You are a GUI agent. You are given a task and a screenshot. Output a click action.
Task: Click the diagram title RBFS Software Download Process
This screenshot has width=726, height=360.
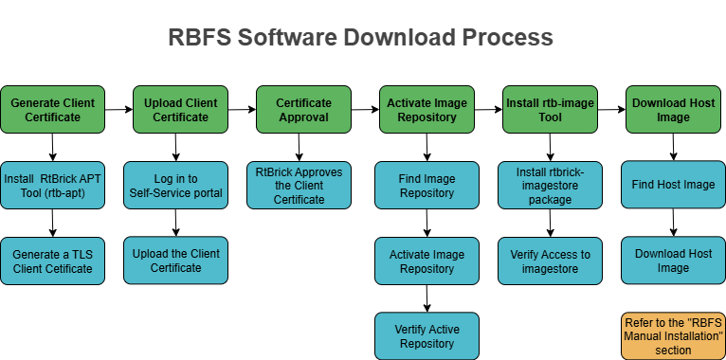pyautogui.click(x=361, y=38)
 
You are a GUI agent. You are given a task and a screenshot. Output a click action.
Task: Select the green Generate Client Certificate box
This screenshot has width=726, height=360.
pyautogui.click(x=52, y=110)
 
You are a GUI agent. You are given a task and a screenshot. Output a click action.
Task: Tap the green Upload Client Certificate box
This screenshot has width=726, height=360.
pyautogui.click(x=175, y=110)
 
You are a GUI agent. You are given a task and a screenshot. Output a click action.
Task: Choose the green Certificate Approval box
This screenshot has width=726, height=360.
pyautogui.click(x=303, y=110)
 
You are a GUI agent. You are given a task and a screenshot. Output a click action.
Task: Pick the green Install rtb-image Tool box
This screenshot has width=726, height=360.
pyautogui.click(x=550, y=110)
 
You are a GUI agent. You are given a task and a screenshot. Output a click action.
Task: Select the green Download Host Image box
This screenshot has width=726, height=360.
pyautogui.click(x=673, y=110)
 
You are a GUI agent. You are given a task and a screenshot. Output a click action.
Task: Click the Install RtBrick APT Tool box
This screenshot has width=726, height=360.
pyautogui.click(x=52, y=185)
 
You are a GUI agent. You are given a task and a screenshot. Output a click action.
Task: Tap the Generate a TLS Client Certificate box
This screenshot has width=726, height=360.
pyautogui.click(x=52, y=261)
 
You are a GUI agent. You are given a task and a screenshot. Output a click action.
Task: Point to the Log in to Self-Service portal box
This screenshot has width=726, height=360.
pyautogui.click(x=175, y=185)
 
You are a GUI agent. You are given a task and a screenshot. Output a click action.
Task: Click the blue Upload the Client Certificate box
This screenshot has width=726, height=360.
pyautogui.click(x=175, y=261)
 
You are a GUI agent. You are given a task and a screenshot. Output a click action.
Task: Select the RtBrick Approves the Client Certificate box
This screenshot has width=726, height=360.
pyautogui.click(x=299, y=185)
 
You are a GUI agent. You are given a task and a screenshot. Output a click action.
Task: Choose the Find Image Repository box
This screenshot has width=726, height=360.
pyautogui.click(x=427, y=185)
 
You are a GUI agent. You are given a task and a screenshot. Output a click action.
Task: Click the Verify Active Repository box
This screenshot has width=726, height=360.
pyautogui.click(x=427, y=336)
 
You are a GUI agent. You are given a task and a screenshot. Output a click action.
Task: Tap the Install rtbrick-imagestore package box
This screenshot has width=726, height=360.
pyautogui.click(x=550, y=185)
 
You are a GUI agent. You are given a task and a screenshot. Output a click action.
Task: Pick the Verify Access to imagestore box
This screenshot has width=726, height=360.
pyautogui.click(x=550, y=261)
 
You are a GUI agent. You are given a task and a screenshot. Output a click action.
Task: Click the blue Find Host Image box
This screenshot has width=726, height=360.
pyautogui.click(x=673, y=185)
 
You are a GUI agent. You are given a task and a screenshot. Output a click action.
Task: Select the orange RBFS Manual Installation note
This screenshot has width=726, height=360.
pyautogui.click(x=673, y=336)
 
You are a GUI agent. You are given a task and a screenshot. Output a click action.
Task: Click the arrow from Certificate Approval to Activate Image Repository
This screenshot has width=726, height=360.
pyautogui.click(x=363, y=110)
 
